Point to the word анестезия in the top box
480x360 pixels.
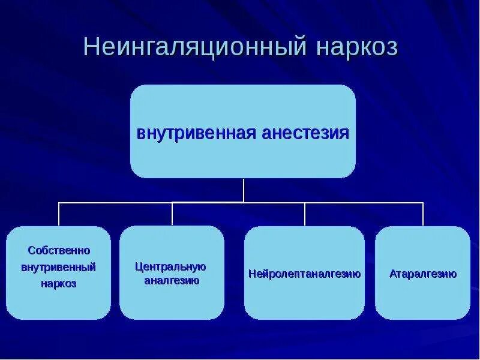306,133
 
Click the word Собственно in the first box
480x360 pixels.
59,250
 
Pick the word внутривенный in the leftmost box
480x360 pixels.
59,266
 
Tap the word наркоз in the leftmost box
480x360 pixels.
59,283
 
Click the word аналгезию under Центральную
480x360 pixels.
172,280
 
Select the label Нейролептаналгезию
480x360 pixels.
304,274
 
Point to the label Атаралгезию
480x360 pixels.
422,274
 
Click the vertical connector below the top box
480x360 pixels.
244,190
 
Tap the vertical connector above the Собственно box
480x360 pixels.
59,214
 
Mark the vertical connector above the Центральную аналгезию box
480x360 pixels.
172,214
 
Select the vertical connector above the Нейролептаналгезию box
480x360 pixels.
305,214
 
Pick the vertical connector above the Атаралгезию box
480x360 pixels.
423,214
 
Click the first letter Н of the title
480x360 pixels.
90,47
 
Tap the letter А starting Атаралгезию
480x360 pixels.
392,274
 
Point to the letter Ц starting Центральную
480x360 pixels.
139,266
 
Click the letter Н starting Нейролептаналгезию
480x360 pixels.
251,274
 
